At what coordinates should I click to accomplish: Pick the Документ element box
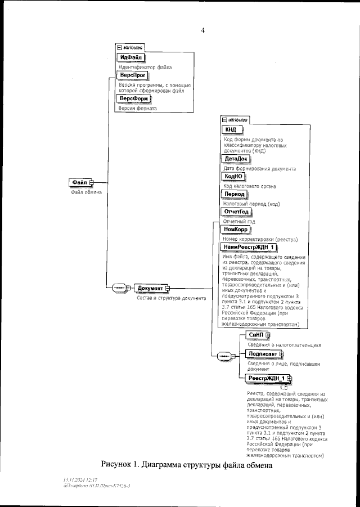click(150, 288)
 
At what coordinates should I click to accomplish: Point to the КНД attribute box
click(231, 130)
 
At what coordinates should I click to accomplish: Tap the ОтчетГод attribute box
click(237, 212)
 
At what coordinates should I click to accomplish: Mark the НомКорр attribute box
click(236, 230)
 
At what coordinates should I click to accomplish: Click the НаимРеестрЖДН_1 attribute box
click(250, 247)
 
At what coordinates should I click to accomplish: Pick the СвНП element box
click(256, 335)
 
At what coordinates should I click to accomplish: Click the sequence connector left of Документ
click(119, 288)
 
